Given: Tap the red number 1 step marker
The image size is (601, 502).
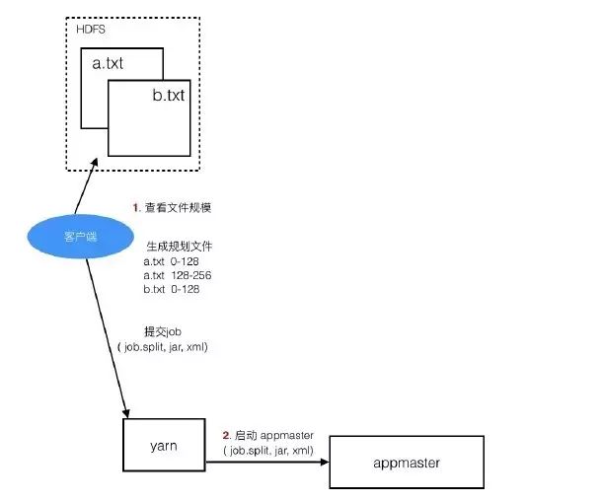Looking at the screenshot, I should [136, 208].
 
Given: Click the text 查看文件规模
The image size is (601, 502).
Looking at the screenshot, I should [179, 208].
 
